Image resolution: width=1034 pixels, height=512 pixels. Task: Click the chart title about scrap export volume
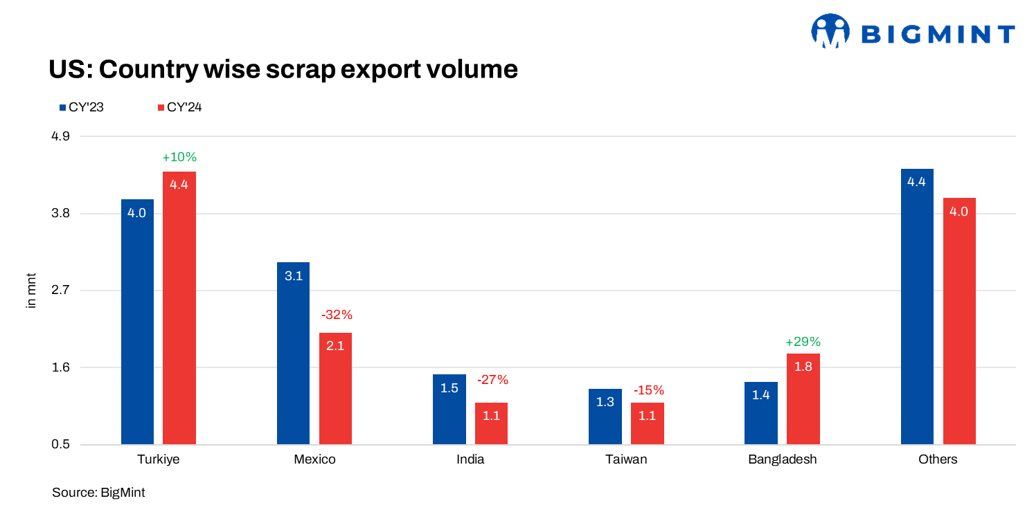283,69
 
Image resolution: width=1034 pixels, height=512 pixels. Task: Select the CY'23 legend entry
81,107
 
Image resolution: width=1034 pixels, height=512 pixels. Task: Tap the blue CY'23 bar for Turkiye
137,322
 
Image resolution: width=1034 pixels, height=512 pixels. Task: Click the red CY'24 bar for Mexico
335,388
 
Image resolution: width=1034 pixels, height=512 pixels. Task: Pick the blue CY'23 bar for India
449,409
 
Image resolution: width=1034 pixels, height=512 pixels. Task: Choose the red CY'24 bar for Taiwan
647,423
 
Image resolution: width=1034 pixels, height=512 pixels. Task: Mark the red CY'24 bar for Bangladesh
803,399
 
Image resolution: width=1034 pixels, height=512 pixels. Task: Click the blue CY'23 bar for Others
917,307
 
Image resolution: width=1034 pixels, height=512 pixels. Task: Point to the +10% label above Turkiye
179,157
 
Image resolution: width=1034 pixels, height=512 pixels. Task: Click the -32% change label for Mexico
337,315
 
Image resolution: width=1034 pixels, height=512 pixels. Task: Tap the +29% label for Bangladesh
803,342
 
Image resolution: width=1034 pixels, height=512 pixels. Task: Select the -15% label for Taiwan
648,390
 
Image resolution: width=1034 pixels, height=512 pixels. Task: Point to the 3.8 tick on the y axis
61,214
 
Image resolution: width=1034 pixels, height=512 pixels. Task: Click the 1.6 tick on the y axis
61,367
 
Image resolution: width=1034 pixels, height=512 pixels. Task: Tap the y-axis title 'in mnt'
31,291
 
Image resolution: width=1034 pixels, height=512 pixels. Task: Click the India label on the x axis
470,459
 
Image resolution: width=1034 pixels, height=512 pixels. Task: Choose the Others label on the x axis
938,459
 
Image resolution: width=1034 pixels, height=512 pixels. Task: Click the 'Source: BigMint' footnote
98,493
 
